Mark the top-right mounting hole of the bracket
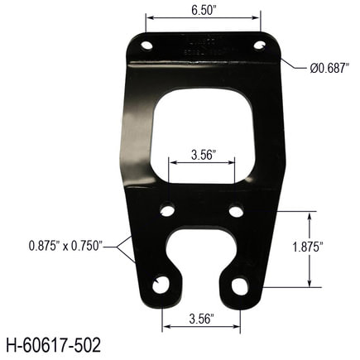[x=258, y=44]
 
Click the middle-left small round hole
[x=168, y=211]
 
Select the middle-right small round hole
[x=236, y=211]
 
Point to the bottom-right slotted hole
[x=239, y=286]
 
